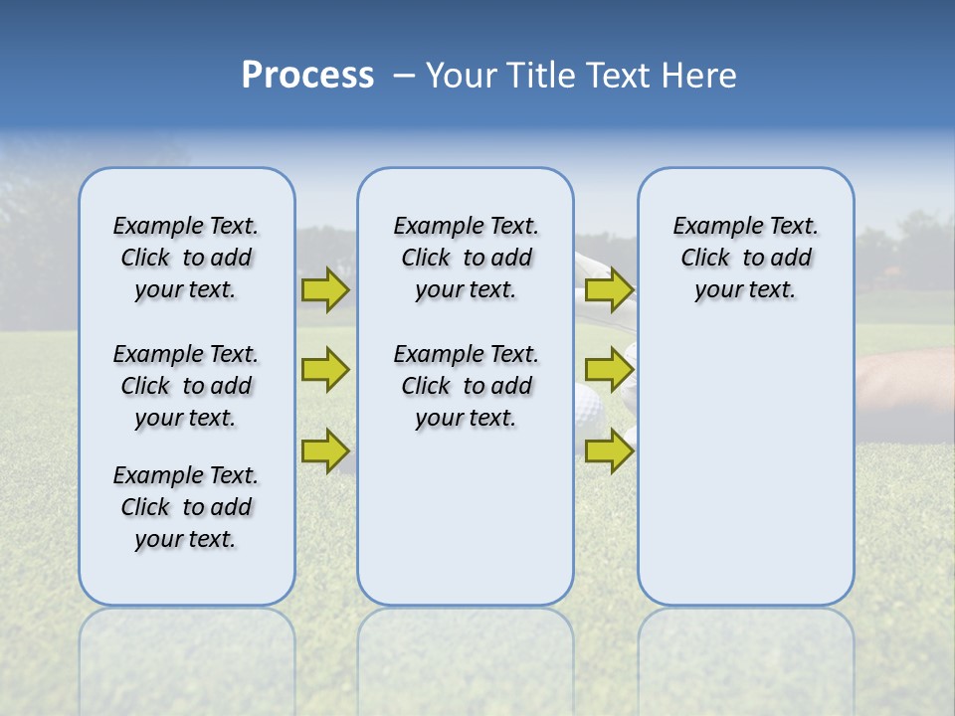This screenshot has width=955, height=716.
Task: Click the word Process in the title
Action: point(307,76)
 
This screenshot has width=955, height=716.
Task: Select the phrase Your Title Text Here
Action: point(581,76)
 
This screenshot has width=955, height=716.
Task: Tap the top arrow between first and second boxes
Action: point(324,289)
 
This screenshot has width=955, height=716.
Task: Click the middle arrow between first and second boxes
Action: point(324,369)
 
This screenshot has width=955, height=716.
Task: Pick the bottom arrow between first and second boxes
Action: point(324,449)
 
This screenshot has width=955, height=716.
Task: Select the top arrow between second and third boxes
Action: point(609,290)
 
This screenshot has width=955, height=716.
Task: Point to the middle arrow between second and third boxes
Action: point(609,370)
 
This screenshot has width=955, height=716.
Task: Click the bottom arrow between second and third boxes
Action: point(609,451)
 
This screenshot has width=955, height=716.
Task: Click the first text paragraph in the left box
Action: point(186,258)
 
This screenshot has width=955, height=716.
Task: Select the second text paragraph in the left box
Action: point(186,386)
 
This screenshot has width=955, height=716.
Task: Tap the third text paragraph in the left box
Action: point(186,507)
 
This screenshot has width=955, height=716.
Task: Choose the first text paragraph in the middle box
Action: point(466,258)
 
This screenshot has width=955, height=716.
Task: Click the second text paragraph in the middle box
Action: point(466,386)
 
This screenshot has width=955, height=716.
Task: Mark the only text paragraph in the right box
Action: point(745,258)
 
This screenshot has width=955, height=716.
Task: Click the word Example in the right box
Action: point(709,226)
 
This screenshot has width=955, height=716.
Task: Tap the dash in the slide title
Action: point(404,76)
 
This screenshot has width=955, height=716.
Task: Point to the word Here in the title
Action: point(702,76)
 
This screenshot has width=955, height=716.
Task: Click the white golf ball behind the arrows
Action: point(586,407)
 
